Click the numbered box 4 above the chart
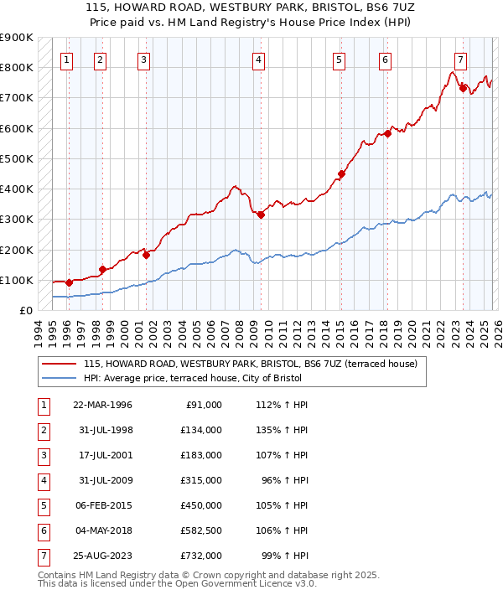259,59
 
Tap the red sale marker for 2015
341,174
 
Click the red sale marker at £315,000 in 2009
261,215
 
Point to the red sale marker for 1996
69,282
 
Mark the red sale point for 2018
387,134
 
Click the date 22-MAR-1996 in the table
102,405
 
